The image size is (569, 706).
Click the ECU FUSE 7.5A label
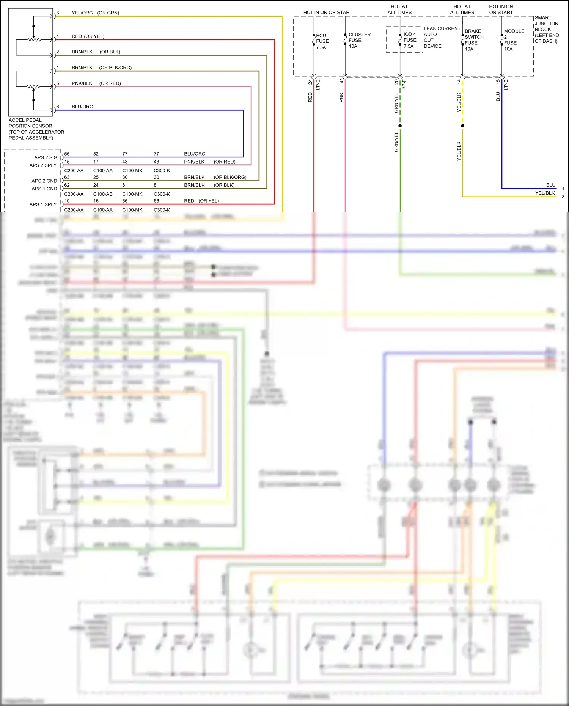tap(322, 41)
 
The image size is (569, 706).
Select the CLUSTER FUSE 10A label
tap(359, 40)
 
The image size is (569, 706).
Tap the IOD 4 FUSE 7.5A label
tap(410, 40)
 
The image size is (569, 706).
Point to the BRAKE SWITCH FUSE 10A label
tap(474, 40)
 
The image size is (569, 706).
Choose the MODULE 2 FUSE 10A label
tap(514, 40)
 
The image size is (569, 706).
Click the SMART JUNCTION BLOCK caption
tap(546, 30)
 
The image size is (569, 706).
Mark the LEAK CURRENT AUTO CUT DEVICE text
tap(441, 37)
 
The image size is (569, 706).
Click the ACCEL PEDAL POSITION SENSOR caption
tap(36, 129)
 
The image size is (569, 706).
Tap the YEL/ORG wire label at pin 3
tap(82, 13)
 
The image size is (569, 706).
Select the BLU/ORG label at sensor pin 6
tap(82, 107)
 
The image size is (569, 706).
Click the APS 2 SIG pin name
tap(46, 157)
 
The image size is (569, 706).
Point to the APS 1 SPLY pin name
tap(43, 204)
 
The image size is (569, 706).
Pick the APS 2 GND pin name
tap(44, 181)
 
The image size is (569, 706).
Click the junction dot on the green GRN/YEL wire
tap(400, 126)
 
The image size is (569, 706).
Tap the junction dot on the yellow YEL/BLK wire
tap(462, 126)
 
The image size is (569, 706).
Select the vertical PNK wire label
tap(341, 97)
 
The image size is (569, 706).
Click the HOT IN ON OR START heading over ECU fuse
tap(328, 13)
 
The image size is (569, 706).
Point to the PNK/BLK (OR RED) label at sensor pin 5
tap(96, 83)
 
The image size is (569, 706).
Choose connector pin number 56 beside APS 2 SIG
tap(67, 154)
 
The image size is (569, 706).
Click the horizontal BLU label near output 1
tap(551, 185)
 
